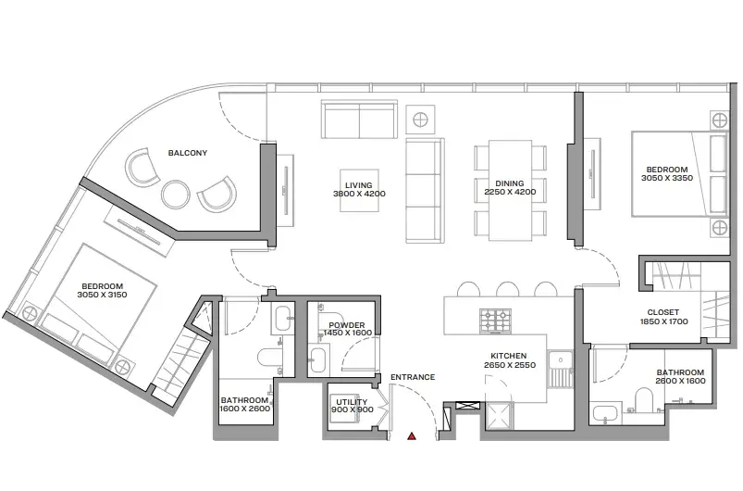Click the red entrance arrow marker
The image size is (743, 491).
pos(412,436)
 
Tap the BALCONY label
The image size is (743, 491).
pos(188,153)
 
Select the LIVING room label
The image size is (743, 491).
pos(359,185)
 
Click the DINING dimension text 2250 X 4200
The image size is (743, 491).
pos(510,192)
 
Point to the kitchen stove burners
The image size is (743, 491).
pos(495,320)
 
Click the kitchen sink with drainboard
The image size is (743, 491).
pos(561,369)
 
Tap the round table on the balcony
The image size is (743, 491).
pos(175,195)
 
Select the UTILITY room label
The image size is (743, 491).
pos(352,401)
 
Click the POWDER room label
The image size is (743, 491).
pos(346,325)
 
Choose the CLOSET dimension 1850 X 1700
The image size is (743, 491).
pos(663,321)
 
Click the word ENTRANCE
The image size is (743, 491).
pos(413,377)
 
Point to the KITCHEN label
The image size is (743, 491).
pos(509,356)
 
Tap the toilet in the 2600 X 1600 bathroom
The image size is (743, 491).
pos(644,399)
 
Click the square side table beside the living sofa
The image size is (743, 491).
pos(420,120)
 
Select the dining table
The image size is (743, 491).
pos(510,190)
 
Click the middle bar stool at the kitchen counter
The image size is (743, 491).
pos(507,289)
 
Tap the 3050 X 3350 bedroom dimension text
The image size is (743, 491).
pos(667,178)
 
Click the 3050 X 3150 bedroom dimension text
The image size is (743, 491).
pos(102,294)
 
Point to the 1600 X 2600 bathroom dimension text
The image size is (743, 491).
pos(245,409)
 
